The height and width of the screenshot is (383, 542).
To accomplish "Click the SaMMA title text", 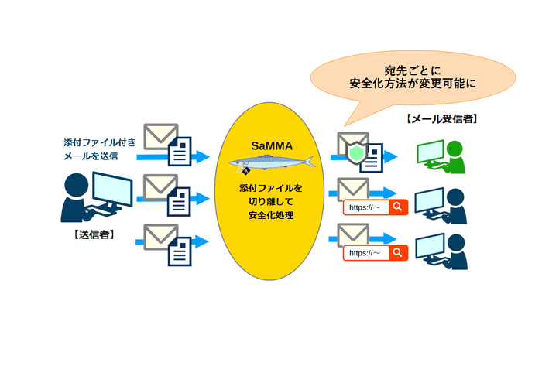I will tap(270, 145).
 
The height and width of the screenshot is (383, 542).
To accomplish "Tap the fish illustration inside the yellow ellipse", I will tap(270, 162).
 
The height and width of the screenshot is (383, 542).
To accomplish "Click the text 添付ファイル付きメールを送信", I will tap(101, 149).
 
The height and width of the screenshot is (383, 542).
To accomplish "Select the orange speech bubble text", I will tap(413, 76).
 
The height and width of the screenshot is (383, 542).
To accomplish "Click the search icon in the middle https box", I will tap(397, 207).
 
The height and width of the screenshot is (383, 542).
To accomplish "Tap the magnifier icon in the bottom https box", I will tap(397, 253).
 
